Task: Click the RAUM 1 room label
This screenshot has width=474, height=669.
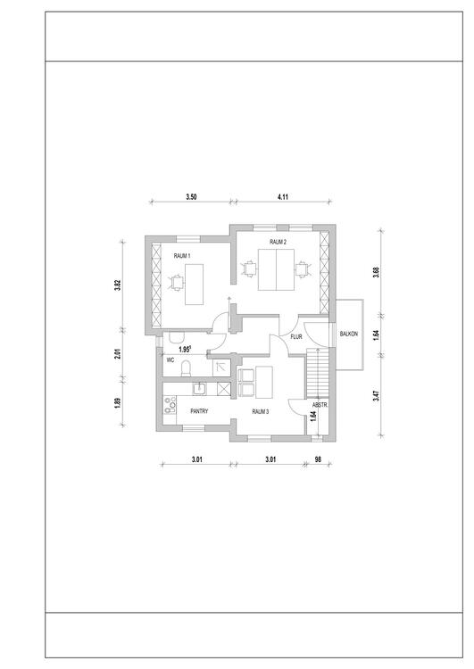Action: pos(182,256)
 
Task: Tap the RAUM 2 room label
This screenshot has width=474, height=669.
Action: pos(278,242)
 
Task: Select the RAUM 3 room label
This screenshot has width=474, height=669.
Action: pos(261,412)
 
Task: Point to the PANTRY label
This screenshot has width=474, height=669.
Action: pos(199,411)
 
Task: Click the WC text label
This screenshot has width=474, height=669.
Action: pos(170,360)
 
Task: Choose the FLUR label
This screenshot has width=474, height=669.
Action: pos(296,336)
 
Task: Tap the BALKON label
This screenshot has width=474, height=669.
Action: pos(349,334)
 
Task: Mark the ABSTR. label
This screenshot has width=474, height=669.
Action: pos(320,405)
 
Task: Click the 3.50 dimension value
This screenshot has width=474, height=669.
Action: pos(191,197)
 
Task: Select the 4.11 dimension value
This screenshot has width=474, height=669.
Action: pos(283,197)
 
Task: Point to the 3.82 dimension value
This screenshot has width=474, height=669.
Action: pos(118,285)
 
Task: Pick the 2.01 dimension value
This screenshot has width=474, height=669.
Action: pos(118,354)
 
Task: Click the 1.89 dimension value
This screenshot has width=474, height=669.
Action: pos(118,403)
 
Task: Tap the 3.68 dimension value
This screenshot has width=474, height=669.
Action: pos(376,272)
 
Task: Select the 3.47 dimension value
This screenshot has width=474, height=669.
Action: pos(376,395)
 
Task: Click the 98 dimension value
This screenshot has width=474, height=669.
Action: pos(318,459)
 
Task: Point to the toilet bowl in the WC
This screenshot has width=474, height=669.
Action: pos(187,369)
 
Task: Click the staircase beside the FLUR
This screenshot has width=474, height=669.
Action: pos(317,374)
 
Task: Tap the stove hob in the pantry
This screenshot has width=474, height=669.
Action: pos(170,405)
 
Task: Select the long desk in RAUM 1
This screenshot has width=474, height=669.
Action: pos(194,285)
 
